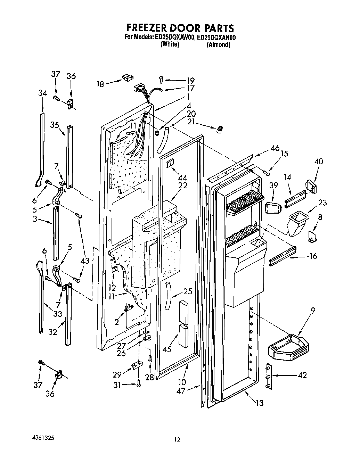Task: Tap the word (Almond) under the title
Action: coord(218,45)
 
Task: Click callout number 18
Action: coord(100,84)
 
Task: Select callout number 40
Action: coord(318,161)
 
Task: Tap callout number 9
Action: coord(313,311)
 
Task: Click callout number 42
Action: coord(302,375)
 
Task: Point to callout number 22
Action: coord(182,185)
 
